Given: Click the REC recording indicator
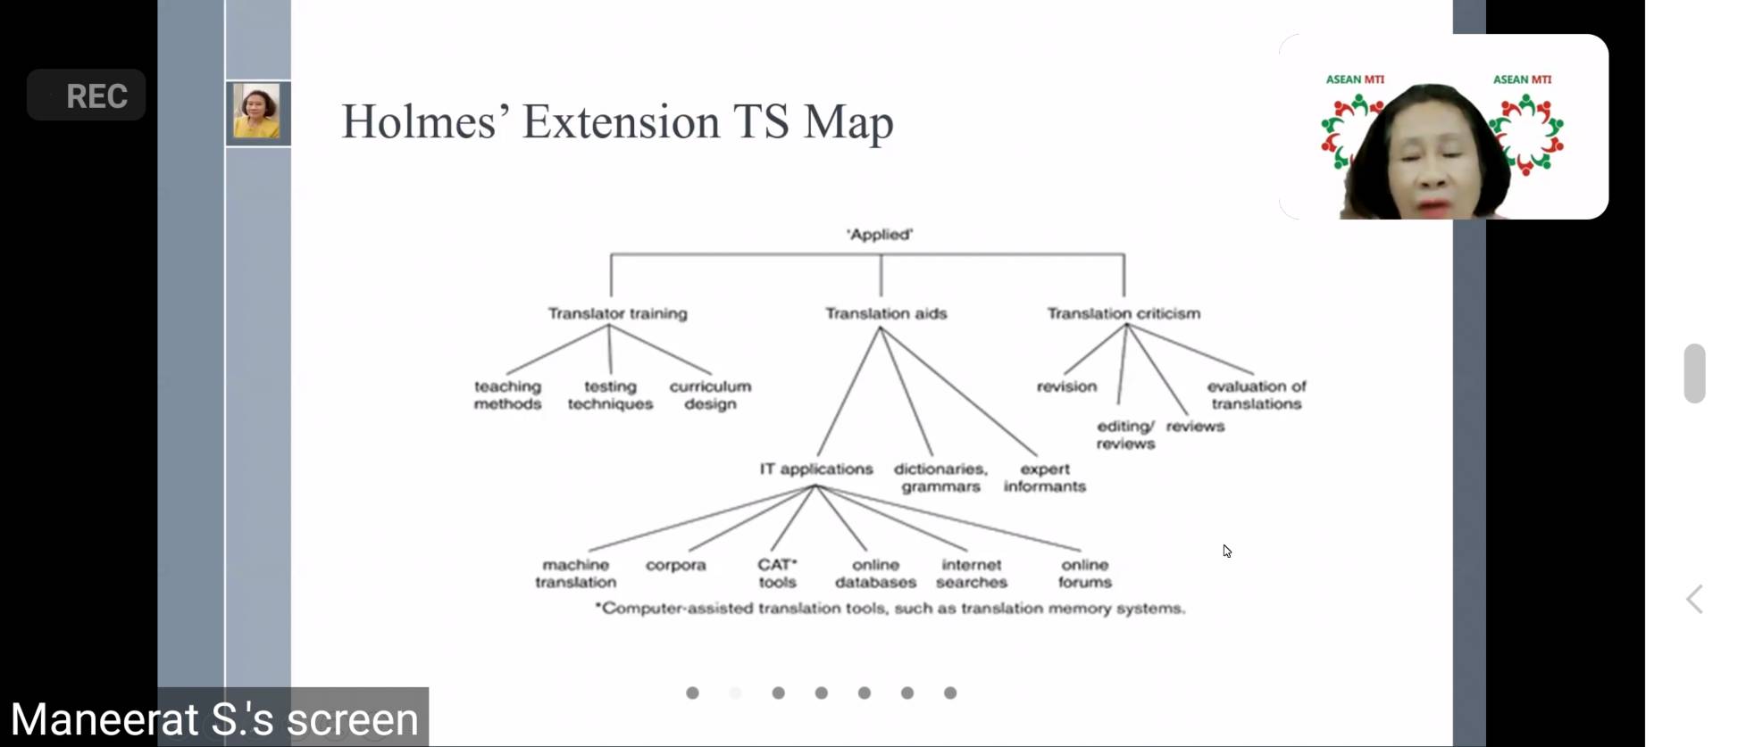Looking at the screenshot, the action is tap(87, 95).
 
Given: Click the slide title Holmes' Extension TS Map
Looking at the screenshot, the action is tap(617, 122).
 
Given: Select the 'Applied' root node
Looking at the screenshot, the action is tap(880, 235).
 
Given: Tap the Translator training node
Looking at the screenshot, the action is tap(618, 313).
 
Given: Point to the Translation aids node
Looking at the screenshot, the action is tap(886, 313).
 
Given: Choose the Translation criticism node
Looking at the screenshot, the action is tap(1124, 313).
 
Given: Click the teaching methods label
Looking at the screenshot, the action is tap(507, 394).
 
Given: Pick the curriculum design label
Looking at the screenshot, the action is tap(710, 394).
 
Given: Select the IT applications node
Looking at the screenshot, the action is tap(816, 469).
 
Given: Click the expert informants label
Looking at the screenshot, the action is tap(1045, 477).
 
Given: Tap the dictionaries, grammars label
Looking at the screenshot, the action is tap(941, 477).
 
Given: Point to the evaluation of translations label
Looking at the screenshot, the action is tap(1257, 394).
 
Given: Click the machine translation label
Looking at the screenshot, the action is tap(576, 573).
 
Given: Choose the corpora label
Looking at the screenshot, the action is tap(676, 565).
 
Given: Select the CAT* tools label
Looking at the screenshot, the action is tap(777, 573).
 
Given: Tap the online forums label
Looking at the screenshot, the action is tap(1085, 573).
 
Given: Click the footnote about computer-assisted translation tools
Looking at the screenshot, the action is tap(890, 609).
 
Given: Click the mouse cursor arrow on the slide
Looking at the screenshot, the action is tap(1227, 551).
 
